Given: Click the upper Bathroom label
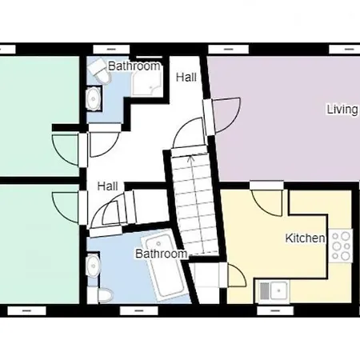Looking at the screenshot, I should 134,67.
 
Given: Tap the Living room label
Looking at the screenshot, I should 342,110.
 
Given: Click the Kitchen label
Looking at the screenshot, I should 305,238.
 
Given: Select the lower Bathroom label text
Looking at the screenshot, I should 160,254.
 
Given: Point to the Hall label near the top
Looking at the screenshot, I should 186,78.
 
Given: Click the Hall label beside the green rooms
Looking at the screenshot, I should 108,186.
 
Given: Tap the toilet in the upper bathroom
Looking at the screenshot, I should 99,70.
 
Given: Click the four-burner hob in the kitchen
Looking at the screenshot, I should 342,246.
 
